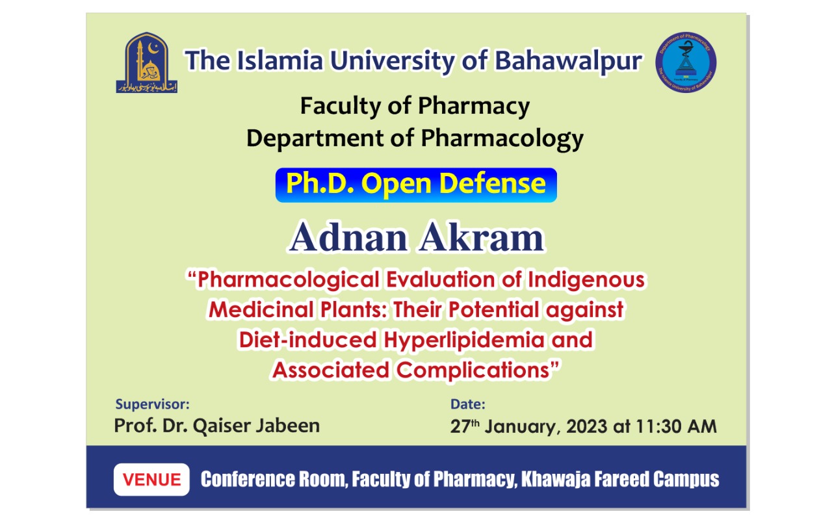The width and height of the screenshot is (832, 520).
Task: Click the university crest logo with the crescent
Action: pyautogui.click(x=147, y=62)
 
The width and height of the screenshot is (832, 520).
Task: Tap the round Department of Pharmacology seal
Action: pyautogui.click(x=686, y=62)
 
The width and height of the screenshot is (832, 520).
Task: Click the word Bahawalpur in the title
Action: pyautogui.click(x=568, y=61)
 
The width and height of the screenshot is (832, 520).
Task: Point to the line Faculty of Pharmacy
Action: pyautogui.click(x=415, y=106)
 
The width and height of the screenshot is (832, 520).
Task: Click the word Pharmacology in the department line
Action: pyautogui.click(x=502, y=138)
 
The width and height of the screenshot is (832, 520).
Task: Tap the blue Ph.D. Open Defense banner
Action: pyautogui.click(x=416, y=185)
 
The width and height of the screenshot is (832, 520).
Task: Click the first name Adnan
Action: pyautogui.click(x=348, y=237)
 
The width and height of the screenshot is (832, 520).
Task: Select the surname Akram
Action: pyautogui.click(x=481, y=237)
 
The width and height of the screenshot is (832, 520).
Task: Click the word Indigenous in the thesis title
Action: pyautogui.click(x=586, y=280)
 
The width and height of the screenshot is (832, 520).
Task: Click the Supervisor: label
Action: pyautogui.click(x=152, y=404)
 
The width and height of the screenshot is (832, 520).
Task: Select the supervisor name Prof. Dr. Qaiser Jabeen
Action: pyautogui.click(x=217, y=426)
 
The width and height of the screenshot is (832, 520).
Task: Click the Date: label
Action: pyautogui.click(x=468, y=404)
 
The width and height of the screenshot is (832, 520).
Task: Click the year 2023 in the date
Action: pyautogui.click(x=586, y=427)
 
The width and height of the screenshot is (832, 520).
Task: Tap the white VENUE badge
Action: pyautogui.click(x=152, y=480)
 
